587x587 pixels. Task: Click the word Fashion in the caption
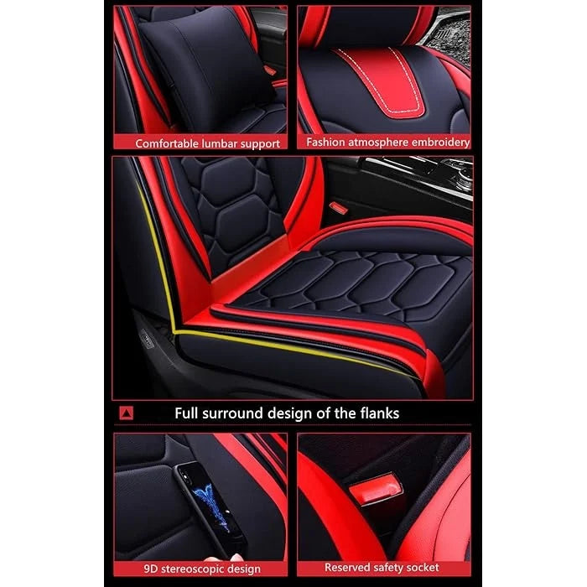(325, 143)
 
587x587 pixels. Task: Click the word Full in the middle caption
(188, 413)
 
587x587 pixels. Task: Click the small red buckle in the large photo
(337, 206)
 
